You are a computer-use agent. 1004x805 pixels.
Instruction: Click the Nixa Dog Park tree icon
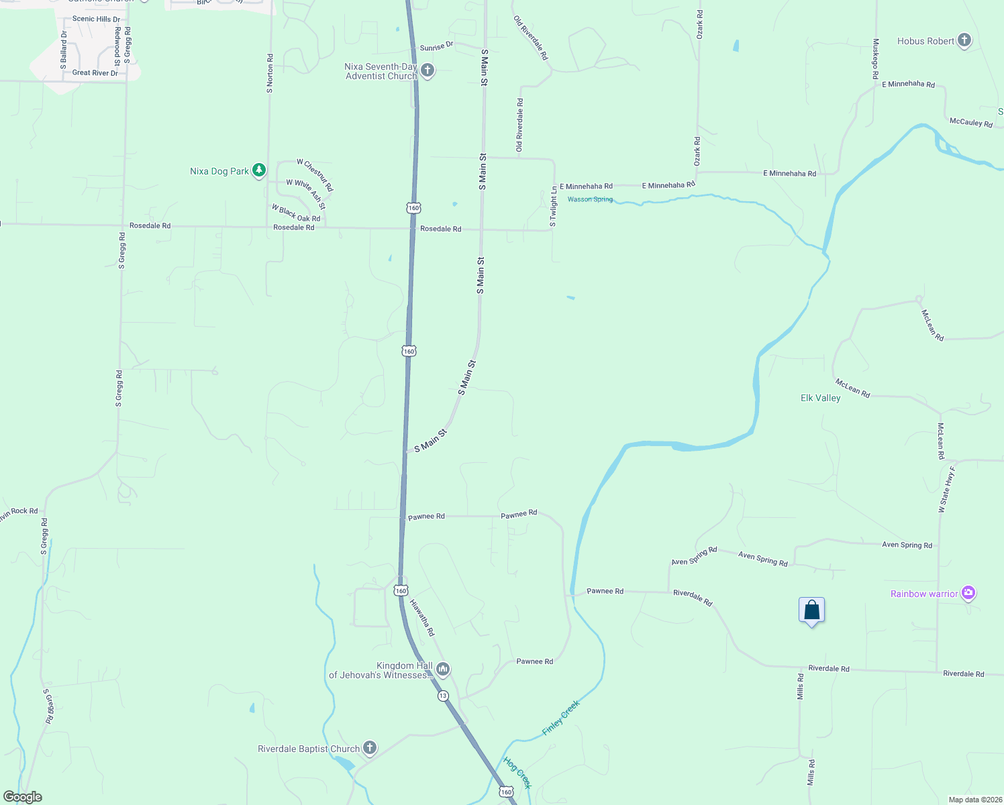coord(259,170)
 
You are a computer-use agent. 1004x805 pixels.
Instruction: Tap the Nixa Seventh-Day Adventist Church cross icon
coord(427,70)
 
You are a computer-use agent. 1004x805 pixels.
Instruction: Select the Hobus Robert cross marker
coord(964,41)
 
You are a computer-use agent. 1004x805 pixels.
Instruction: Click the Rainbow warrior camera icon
coord(968,593)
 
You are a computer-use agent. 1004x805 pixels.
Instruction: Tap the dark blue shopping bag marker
coord(811,610)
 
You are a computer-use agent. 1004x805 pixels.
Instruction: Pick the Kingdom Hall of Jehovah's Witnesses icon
coord(442,669)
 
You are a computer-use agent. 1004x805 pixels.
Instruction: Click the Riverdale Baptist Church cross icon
coord(369,748)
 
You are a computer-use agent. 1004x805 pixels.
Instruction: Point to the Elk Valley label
coord(820,398)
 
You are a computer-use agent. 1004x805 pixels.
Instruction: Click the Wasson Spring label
coord(590,199)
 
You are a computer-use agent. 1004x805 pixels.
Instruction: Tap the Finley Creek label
coord(560,718)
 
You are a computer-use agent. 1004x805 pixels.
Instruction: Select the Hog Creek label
coord(517,773)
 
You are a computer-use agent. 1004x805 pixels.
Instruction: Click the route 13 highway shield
coord(443,696)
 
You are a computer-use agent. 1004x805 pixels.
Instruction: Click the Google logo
coord(23,797)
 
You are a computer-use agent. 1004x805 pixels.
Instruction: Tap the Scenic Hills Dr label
coord(96,19)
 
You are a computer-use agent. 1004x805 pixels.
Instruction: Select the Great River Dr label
coord(95,72)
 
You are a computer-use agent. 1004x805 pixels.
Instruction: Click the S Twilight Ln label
coord(553,207)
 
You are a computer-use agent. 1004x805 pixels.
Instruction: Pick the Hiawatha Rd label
coord(422,618)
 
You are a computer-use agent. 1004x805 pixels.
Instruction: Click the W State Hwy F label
coord(946,490)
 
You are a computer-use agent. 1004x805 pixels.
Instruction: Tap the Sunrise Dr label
coord(436,47)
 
